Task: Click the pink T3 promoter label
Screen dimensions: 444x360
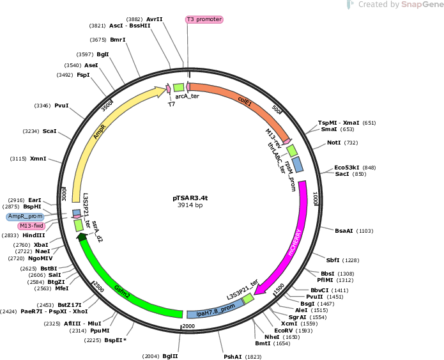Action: (204, 19)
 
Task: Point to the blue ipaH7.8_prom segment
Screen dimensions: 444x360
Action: (216, 309)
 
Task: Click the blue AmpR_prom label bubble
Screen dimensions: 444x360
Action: (25, 217)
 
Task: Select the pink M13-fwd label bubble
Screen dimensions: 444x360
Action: (31, 226)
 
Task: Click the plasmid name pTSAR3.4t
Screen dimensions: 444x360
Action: (190, 198)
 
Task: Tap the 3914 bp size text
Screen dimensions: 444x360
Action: (190, 205)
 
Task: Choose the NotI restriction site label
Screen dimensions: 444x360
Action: (334, 143)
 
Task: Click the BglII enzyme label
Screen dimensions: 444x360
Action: (170, 356)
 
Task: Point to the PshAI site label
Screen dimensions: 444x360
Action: (233, 357)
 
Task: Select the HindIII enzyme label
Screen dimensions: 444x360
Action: (34, 235)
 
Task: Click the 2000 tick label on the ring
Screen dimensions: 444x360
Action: (188, 326)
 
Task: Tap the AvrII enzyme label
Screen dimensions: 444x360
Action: (155, 19)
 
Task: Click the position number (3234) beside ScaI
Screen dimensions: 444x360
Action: (31, 131)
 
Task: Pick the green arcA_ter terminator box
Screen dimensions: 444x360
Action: (179, 88)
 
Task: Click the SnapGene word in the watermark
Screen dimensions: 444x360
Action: (422, 4)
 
